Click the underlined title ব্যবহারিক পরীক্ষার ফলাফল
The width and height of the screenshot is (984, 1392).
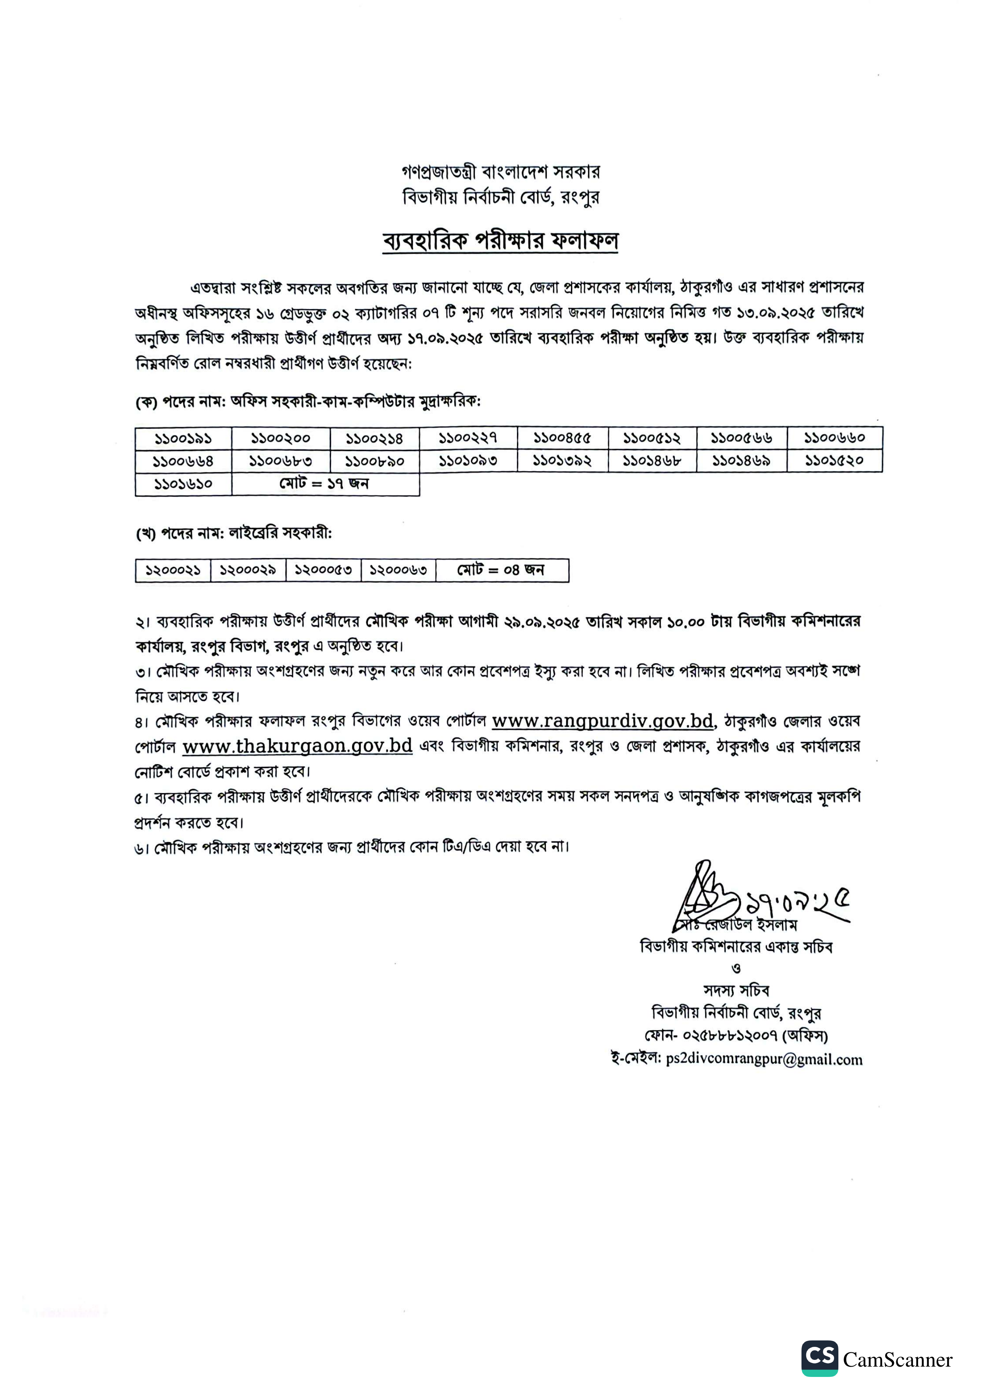[500, 241]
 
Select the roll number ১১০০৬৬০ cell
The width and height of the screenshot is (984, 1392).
[834, 438]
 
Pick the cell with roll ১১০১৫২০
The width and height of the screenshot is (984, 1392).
[834, 461]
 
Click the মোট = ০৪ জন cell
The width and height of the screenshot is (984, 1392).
[502, 570]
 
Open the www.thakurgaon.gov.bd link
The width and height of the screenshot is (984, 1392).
[297, 746]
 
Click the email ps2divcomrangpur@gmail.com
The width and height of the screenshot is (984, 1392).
[763, 1060]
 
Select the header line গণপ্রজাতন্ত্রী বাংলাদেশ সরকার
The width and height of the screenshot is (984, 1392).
[500, 172]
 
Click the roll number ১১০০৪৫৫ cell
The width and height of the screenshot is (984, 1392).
[562, 438]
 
